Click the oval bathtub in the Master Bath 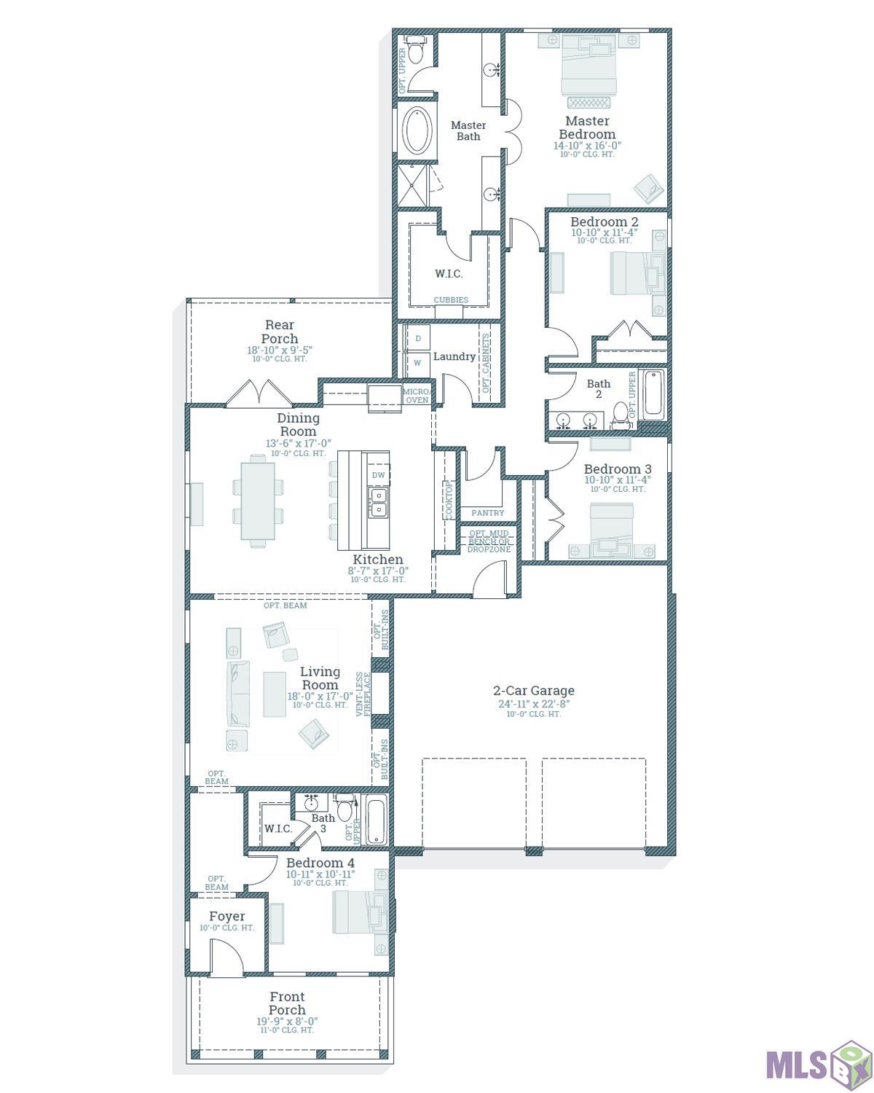(417, 130)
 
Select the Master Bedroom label (586, 128)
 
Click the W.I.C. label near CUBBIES (449, 274)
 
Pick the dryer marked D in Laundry (417, 338)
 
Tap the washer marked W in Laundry (417, 363)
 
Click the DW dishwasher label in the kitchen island (378, 475)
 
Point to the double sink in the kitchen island (378, 503)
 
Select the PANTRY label (487, 513)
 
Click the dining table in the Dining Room (258, 501)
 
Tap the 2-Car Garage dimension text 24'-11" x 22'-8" (534, 703)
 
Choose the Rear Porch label (279, 332)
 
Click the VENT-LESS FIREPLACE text (363, 694)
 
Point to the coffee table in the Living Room (275, 694)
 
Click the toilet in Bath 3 (345, 809)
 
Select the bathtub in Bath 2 (653, 395)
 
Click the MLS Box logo (819, 1059)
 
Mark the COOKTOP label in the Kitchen (449, 501)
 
